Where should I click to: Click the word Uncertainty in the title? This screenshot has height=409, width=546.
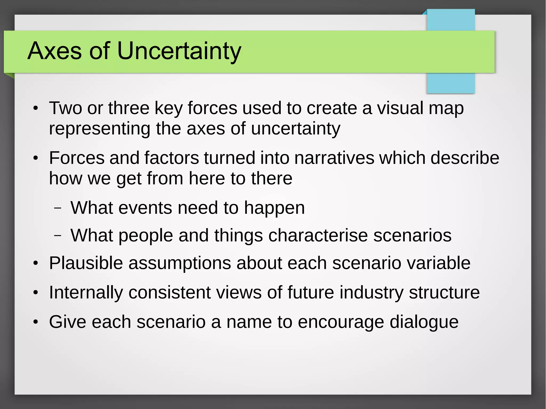click(179, 51)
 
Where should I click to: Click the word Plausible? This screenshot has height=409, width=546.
click(86, 263)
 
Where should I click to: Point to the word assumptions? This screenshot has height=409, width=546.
click(180, 263)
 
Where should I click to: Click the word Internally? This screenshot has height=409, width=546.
click(86, 293)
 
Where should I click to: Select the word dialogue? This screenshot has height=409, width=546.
click(424, 322)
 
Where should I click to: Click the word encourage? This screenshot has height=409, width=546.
click(341, 322)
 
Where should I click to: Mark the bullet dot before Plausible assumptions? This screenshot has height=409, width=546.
click(36, 264)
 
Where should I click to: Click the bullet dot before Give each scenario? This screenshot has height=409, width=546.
click(36, 322)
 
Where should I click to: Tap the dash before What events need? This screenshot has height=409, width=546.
click(58, 208)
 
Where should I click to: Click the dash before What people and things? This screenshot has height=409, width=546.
click(58, 236)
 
